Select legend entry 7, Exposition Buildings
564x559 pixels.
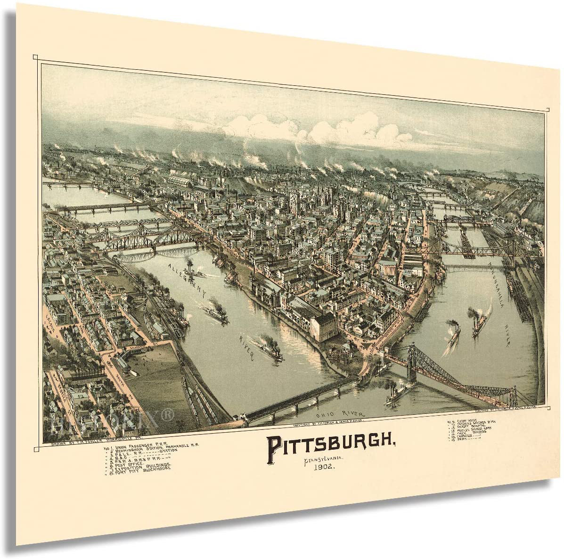tap(137, 467)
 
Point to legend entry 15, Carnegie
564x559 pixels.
tap(464, 433)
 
